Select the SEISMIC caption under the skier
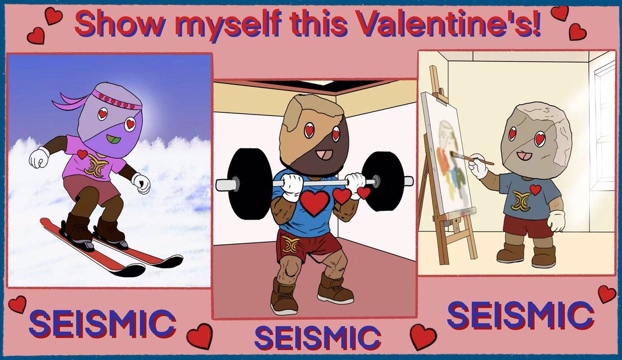tap(102, 323)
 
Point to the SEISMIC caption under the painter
tap(520, 314)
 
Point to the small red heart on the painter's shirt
tap(535, 189)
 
